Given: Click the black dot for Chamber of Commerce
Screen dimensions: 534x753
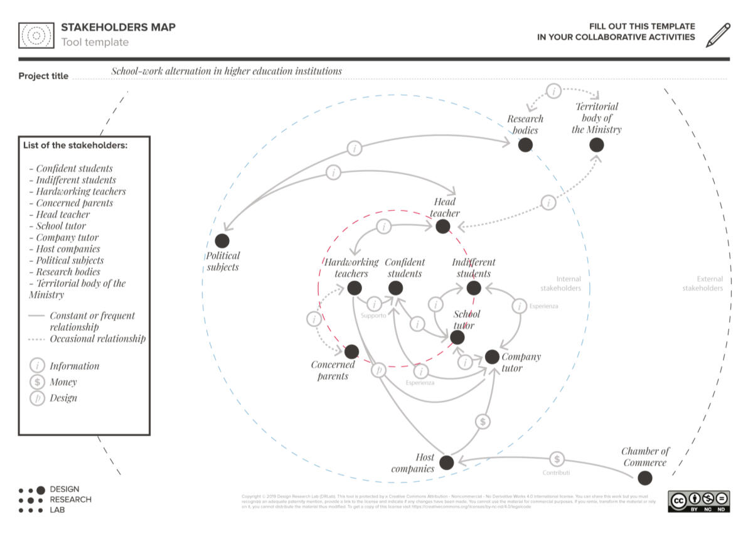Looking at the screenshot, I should point(644,478).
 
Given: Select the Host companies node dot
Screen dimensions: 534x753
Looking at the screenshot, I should point(446,463).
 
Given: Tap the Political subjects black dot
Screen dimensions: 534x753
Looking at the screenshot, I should point(222,241).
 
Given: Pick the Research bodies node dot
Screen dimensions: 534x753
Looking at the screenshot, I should point(525,145).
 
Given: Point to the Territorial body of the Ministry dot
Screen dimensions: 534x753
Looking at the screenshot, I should point(597,145).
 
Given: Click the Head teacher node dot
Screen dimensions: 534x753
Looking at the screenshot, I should point(443,227).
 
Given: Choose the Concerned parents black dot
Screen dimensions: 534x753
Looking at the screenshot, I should point(351,352).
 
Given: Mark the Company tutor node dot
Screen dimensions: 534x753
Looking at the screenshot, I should point(492,357).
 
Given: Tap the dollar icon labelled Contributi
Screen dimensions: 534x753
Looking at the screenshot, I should point(557,459).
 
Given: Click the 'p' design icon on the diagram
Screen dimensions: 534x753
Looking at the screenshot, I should point(378,370).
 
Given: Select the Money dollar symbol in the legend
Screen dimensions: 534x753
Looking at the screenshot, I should point(37,382).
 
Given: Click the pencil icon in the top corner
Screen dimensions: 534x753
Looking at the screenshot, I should point(718,35).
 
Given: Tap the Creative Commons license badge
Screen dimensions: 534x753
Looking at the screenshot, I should point(698,501).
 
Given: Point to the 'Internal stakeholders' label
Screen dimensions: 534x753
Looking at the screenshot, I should point(569,284).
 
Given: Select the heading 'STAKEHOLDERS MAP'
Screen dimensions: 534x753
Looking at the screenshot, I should point(118,28).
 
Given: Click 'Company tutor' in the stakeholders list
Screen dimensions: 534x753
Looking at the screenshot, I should point(67,238).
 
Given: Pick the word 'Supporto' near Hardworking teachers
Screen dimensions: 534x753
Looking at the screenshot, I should point(373,316).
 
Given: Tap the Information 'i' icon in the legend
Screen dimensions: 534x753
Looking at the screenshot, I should point(37,366).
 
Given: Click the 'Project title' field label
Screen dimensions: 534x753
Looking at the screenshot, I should point(43,77).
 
